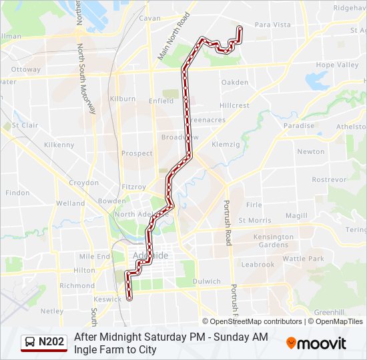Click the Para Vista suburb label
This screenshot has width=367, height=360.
click(x=272, y=25)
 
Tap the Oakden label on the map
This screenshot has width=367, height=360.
click(x=234, y=83)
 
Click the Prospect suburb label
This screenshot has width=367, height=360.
click(x=137, y=153)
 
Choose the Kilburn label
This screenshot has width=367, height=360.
click(x=122, y=99)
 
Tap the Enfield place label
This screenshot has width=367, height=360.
click(x=161, y=101)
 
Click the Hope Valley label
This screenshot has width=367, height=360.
click(x=337, y=65)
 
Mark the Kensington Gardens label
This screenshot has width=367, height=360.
click(x=274, y=241)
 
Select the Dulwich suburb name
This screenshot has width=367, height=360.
click(x=206, y=281)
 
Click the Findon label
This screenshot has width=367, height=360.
click(x=17, y=193)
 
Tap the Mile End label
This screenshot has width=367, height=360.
click(x=94, y=256)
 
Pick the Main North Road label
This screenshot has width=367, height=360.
click(x=173, y=37)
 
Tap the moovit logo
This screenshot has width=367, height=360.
click(x=316, y=343)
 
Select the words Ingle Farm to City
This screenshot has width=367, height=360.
click(x=115, y=349)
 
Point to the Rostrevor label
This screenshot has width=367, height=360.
click(x=329, y=180)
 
